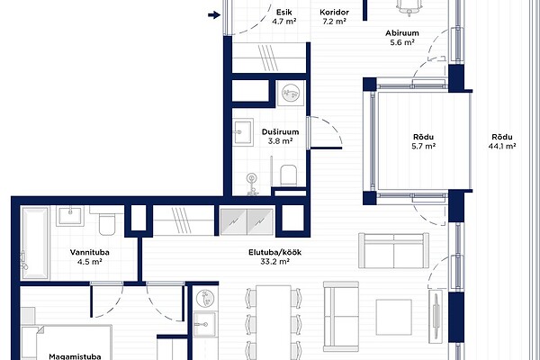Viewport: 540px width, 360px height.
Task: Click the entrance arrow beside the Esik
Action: [214, 14]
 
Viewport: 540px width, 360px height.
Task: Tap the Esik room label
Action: [284, 13]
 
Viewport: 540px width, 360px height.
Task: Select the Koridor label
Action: [334, 13]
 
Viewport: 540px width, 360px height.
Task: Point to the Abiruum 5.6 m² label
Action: [402, 38]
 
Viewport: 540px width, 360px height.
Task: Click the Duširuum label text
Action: [280, 132]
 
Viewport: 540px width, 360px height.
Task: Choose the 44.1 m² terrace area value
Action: [502, 146]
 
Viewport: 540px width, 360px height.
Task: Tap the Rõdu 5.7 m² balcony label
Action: [424, 141]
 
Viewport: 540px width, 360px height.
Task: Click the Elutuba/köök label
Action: [274, 252]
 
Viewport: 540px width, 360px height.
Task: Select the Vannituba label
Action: [89, 252]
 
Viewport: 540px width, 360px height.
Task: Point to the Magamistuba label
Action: [75, 356]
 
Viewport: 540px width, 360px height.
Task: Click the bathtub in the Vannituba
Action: [34, 243]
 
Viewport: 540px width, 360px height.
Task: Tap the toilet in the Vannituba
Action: [106, 223]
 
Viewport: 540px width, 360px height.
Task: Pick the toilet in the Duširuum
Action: [289, 175]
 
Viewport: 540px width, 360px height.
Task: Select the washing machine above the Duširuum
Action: [291, 93]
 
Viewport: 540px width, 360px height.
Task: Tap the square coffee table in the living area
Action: [393, 317]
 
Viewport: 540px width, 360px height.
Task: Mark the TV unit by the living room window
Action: [436, 316]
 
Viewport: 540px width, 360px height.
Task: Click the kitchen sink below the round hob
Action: [205, 324]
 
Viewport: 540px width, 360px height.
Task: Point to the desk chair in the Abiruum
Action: [409, 7]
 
